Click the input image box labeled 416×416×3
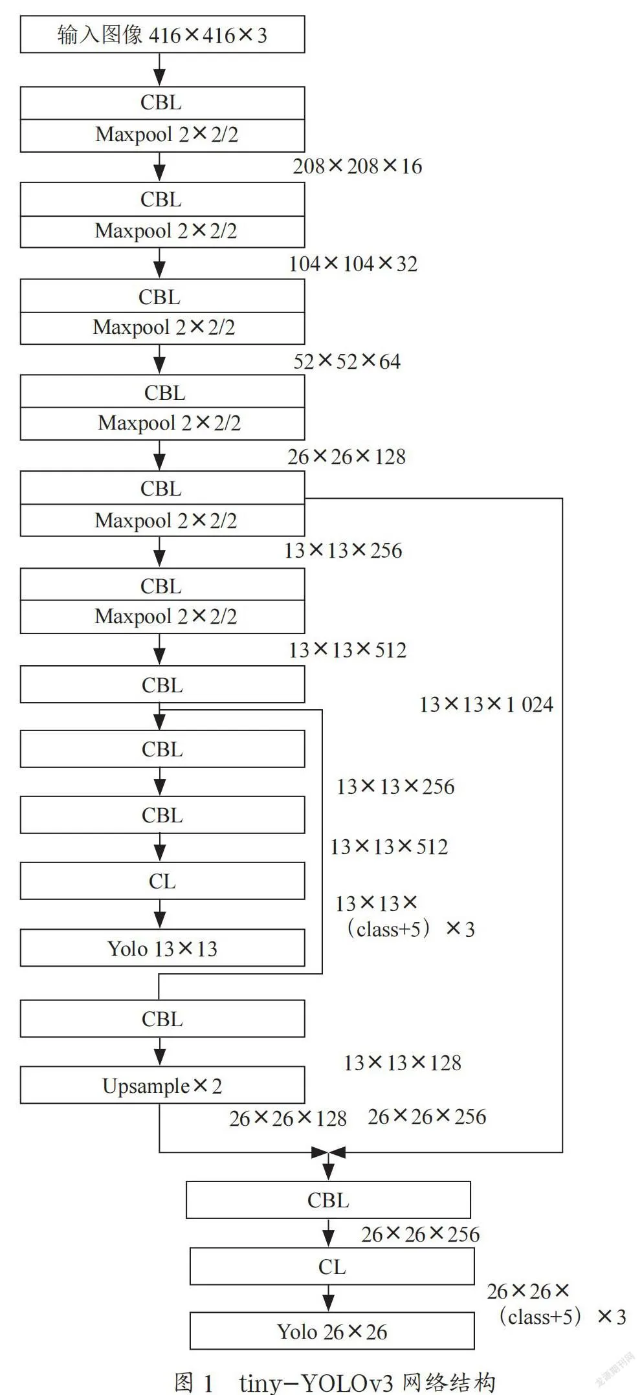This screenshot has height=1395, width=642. (162, 35)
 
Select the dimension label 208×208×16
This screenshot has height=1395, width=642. (357, 166)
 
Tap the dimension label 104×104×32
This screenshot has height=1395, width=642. (353, 263)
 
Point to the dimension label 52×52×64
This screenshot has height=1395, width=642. (347, 361)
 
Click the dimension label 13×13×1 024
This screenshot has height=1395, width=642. (486, 704)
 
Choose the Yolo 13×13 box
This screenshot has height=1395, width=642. (162, 948)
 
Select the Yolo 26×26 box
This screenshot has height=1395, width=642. (332, 1331)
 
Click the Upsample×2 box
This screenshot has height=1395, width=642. (162, 1085)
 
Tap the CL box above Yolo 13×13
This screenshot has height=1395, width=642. (162, 881)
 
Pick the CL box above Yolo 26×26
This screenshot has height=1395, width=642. (332, 1266)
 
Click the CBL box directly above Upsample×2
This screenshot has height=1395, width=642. (162, 1018)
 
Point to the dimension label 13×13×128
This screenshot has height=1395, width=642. (403, 1062)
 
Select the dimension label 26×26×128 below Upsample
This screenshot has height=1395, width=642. (288, 1118)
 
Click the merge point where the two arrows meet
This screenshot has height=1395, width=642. (329, 1152)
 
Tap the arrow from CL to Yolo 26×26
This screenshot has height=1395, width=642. (329, 1299)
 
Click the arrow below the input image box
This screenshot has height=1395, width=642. (159, 70)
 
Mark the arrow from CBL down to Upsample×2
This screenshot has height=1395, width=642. (160, 1051)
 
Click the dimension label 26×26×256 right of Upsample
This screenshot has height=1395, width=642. (427, 1116)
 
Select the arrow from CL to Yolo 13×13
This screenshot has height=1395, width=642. (160, 914)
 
